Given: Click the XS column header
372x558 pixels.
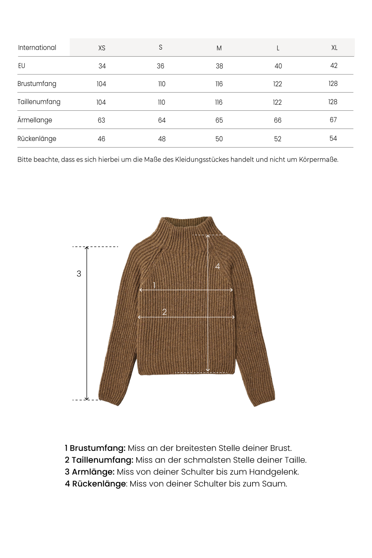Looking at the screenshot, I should (102, 48).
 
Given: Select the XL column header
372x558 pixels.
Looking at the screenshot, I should (334, 48).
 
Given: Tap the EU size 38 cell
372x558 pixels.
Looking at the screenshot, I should (219, 66).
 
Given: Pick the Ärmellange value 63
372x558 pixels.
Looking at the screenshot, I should (101, 120).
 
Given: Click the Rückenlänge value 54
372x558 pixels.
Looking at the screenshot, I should (333, 138).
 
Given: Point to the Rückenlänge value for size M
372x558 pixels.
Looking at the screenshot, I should (219, 139).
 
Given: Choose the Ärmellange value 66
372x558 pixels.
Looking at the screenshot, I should (278, 120).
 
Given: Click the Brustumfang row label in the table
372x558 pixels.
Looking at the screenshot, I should (37, 84).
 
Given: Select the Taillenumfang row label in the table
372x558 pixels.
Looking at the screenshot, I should (39, 102).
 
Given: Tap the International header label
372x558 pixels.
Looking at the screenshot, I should (37, 48).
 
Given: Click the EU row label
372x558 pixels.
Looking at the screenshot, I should (21, 66).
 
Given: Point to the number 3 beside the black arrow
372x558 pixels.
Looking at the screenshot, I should (79, 274).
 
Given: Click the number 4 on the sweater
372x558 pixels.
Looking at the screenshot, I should (217, 267).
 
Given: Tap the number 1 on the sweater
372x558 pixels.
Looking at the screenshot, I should (154, 285).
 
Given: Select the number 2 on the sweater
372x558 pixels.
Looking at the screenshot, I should (165, 312).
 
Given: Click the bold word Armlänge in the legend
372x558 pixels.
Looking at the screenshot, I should (93, 472).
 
